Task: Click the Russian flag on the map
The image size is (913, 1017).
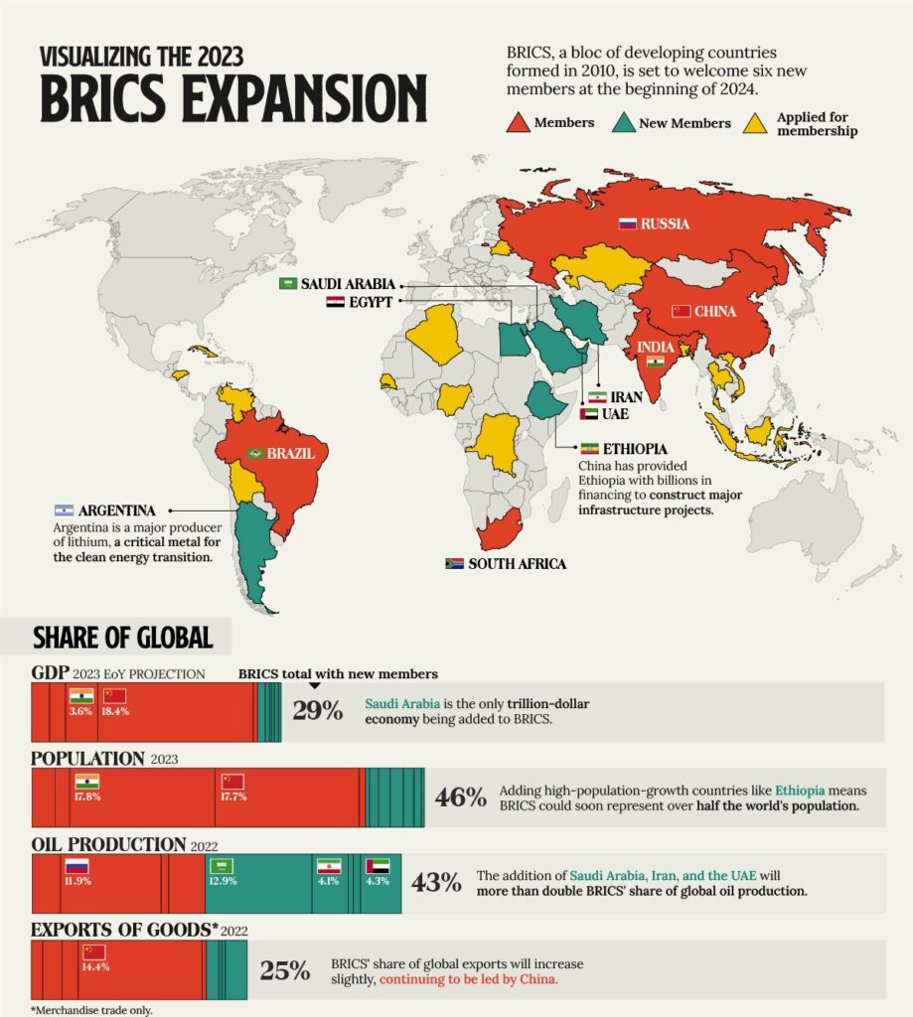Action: [628, 223]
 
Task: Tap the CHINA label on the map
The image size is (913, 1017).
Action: [714, 312]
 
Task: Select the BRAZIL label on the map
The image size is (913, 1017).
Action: [291, 454]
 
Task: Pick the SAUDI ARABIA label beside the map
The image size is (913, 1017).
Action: [349, 284]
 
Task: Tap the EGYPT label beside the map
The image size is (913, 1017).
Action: [370, 302]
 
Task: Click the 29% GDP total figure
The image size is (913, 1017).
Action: [318, 711]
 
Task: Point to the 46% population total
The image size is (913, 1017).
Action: [461, 798]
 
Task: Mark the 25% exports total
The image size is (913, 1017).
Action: [284, 970]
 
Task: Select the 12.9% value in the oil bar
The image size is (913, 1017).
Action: [224, 881]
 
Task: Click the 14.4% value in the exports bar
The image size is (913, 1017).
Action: [94, 966]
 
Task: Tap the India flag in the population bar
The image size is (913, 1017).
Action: [86, 781]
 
